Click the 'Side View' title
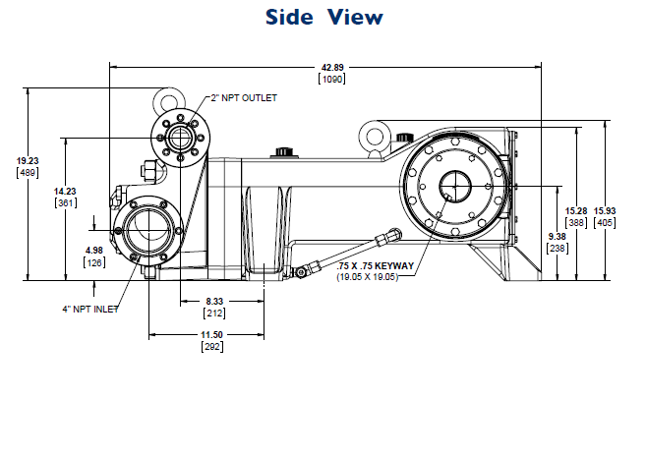pyautogui.click(x=323, y=18)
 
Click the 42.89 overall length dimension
pyautogui.click(x=325, y=68)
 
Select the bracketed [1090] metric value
pyautogui.click(x=325, y=79)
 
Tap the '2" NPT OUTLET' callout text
pyautogui.click(x=244, y=98)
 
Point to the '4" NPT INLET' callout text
pyautogui.click(x=89, y=310)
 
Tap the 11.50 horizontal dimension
pyautogui.click(x=211, y=336)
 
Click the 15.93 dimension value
pyautogui.click(x=605, y=212)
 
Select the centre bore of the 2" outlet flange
pyautogui.click(x=177, y=134)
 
